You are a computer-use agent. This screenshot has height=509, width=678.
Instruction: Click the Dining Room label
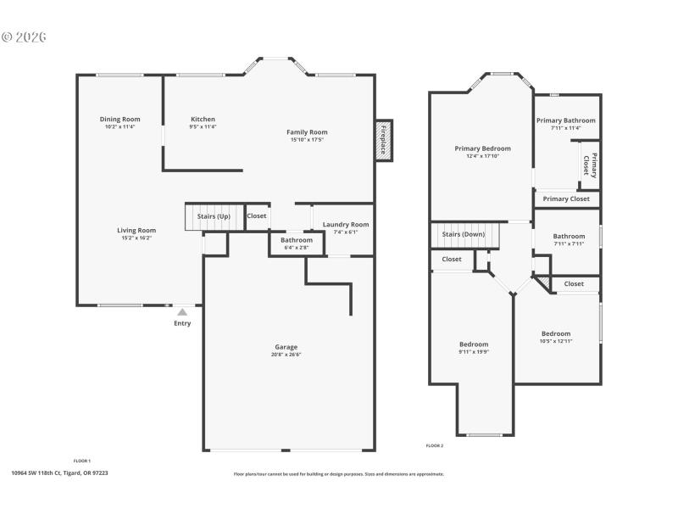pyautogui.click(x=120, y=120)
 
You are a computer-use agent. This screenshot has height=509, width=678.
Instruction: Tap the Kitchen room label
pyautogui.click(x=203, y=120)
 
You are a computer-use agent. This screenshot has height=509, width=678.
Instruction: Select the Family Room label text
pyautogui.click(x=307, y=132)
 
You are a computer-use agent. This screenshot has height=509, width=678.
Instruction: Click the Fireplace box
pyautogui.click(x=383, y=140)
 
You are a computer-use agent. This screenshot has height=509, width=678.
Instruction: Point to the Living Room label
pyautogui.click(x=136, y=230)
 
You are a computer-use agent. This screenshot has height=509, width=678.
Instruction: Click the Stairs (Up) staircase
pyautogui.click(x=214, y=217)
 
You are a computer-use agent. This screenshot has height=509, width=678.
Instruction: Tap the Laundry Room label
pyautogui.click(x=346, y=225)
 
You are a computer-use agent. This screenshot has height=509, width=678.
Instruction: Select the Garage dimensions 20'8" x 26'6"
pyautogui.click(x=286, y=354)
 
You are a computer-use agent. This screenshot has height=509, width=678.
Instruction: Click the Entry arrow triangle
pyautogui.click(x=182, y=312)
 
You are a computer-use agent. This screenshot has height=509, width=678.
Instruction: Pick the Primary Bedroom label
pyautogui.click(x=482, y=148)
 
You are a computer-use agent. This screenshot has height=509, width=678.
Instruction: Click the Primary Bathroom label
pyautogui.click(x=566, y=121)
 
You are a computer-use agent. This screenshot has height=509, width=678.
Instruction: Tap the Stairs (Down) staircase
pyautogui.click(x=463, y=235)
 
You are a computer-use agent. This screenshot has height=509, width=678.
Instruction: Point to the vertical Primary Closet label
pyautogui.click(x=590, y=166)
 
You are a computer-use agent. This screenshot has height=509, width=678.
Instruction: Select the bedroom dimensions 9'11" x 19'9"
pyautogui.click(x=474, y=351)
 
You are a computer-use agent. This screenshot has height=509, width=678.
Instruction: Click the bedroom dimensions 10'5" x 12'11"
pyautogui.click(x=556, y=340)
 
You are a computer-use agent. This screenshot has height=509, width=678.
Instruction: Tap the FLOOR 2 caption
pyautogui.click(x=434, y=445)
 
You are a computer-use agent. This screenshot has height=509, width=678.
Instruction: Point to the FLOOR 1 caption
pyautogui.click(x=82, y=461)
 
